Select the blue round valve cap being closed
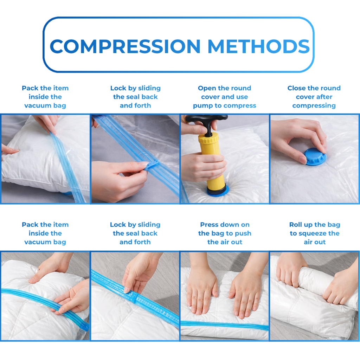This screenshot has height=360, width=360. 315,156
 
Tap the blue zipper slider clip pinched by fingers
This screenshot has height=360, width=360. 151,165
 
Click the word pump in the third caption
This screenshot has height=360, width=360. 203,105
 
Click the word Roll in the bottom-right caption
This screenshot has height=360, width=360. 296,224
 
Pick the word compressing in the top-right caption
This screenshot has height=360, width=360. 314,105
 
